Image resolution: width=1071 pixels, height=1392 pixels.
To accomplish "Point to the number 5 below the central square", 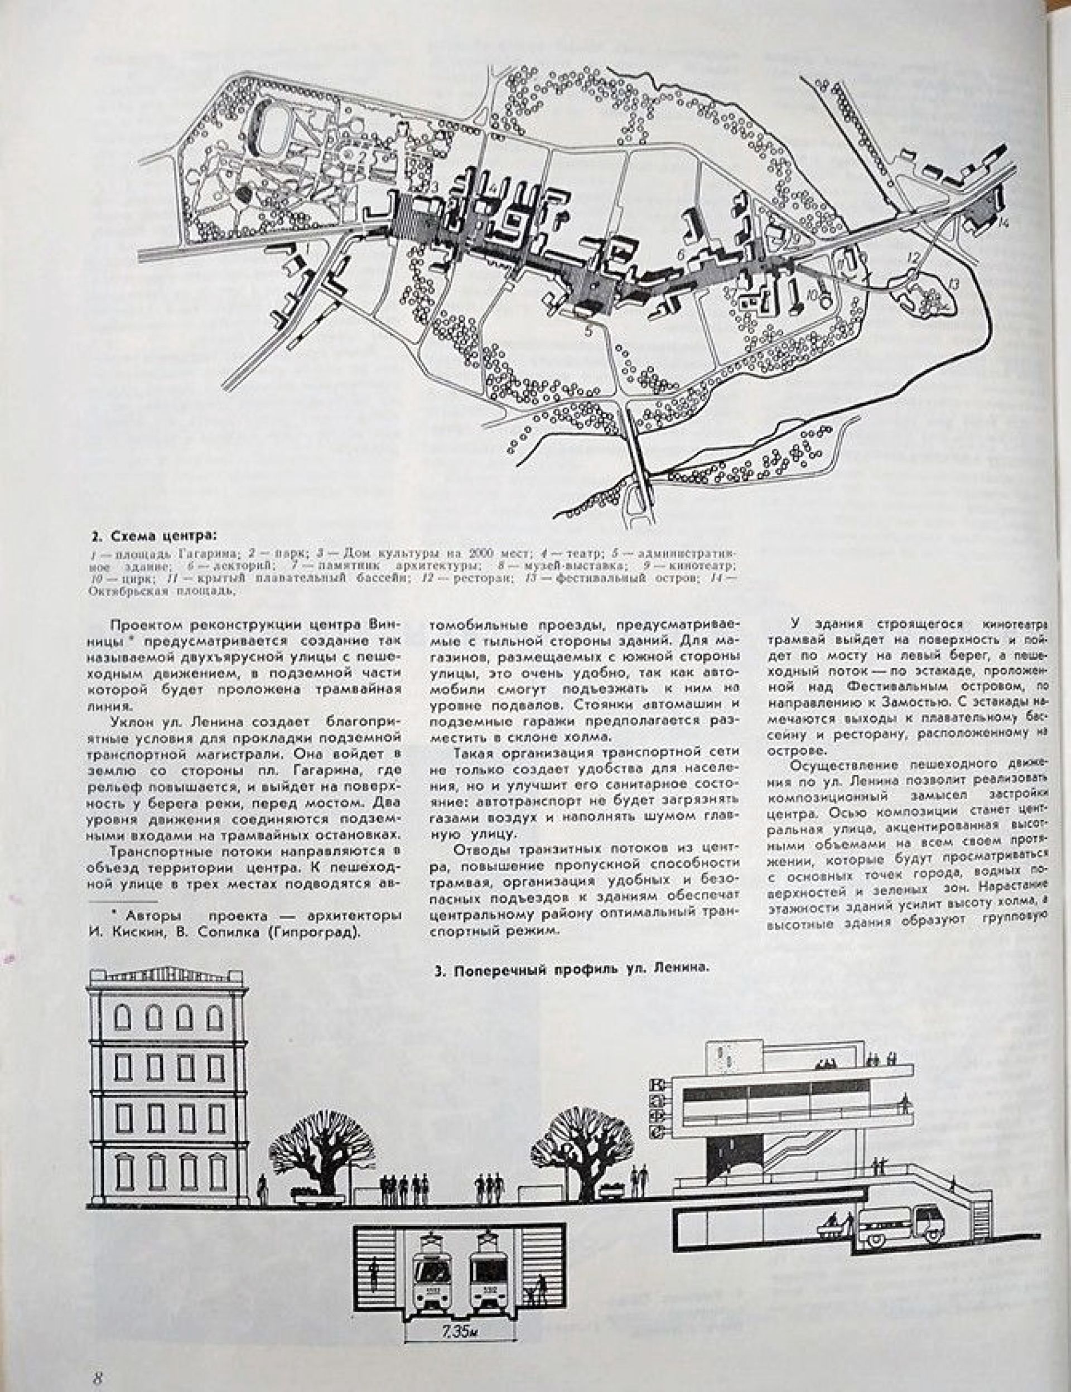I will pos(588,330).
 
